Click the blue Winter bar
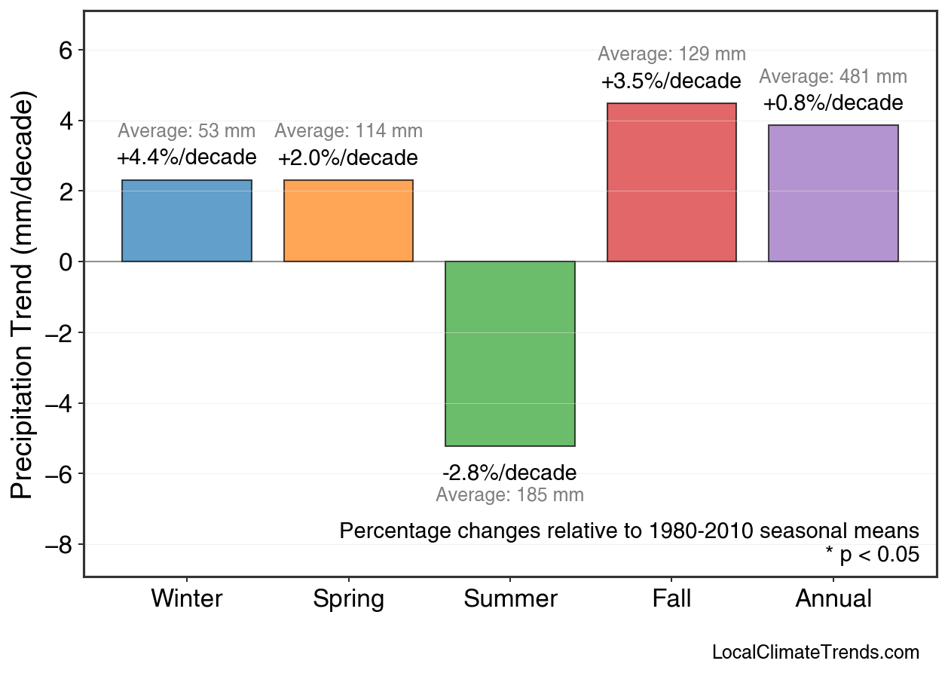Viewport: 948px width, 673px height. [x=187, y=221]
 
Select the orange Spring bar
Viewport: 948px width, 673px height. [x=348, y=221]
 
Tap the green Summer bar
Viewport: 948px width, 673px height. [x=510, y=353]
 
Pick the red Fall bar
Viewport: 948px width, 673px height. [x=671, y=182]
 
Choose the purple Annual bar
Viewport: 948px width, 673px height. [x=833, y=194]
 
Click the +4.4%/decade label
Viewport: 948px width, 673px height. [x=187, y=158]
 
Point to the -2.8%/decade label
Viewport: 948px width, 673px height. [x=509, y=473]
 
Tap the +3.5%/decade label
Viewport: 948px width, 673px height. [x=671, y=81]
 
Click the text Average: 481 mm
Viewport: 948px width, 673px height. [x=833, y=77]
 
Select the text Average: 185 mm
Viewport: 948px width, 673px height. [x=509, y=496]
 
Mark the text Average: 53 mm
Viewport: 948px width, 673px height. [x=187, y=131]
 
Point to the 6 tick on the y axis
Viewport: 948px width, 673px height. [x=66, y=50]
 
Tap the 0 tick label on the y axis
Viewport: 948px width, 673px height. [x=66, y=262]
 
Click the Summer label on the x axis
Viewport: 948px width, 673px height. [x=510, y=599]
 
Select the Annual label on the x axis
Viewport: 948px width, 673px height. [x=833, y=599]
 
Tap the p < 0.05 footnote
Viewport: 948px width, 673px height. [x=872, y=555]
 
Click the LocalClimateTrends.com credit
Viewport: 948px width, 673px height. [x=815, y=653]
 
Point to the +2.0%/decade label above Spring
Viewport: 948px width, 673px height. [x=348, y=159]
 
